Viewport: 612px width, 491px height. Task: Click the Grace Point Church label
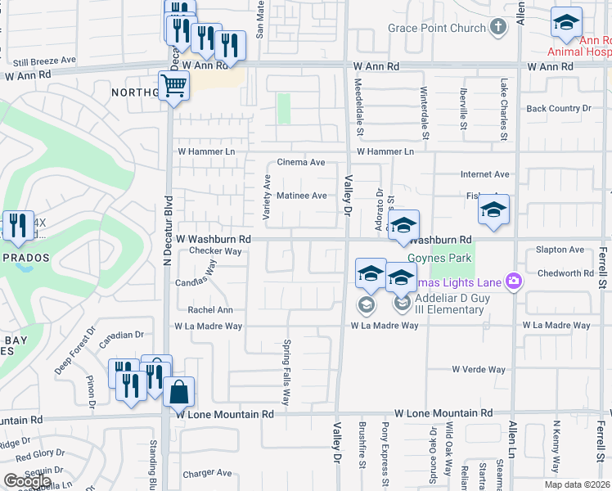pyautogui.click(x=437, y=29)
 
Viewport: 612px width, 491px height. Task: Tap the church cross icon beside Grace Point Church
pyautogui.click(x=497, y=28)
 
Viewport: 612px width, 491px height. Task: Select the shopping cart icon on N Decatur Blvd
pyautogui.click(x=174, y=84)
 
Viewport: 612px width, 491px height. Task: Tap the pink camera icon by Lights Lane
pyautogui.click(x=513, y=282)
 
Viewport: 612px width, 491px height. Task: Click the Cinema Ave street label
pyautogui.click(x=301, y=162)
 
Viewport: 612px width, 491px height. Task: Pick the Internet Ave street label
pyautogui.click(x=484, y=174)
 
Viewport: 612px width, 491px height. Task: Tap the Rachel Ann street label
pyautogui.click(x=210, y=310)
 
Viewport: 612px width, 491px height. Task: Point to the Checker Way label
pyautogui.click(x=215, y=251)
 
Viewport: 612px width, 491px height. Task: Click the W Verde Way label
pyautogui.click(x=479, y=370)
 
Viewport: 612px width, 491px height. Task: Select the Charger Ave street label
pyautogui.click(x=208, y=473)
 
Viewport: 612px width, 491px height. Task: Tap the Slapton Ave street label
pyautogui.click(x=560, y=250)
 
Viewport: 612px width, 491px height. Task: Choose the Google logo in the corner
pyautogui.click(x=27, y=480)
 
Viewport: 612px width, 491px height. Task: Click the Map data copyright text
pyautogui.click(x=576, y=484)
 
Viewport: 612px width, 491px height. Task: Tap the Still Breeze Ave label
pyautogui.click(x=44, y=60)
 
